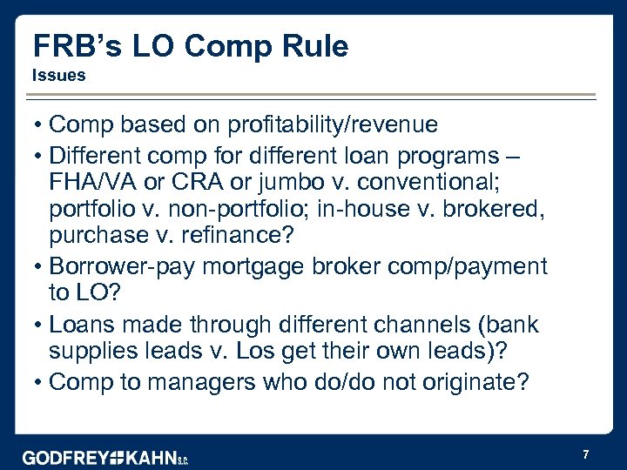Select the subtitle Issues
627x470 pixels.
(58, 76)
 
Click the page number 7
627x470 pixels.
(586, 454)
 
